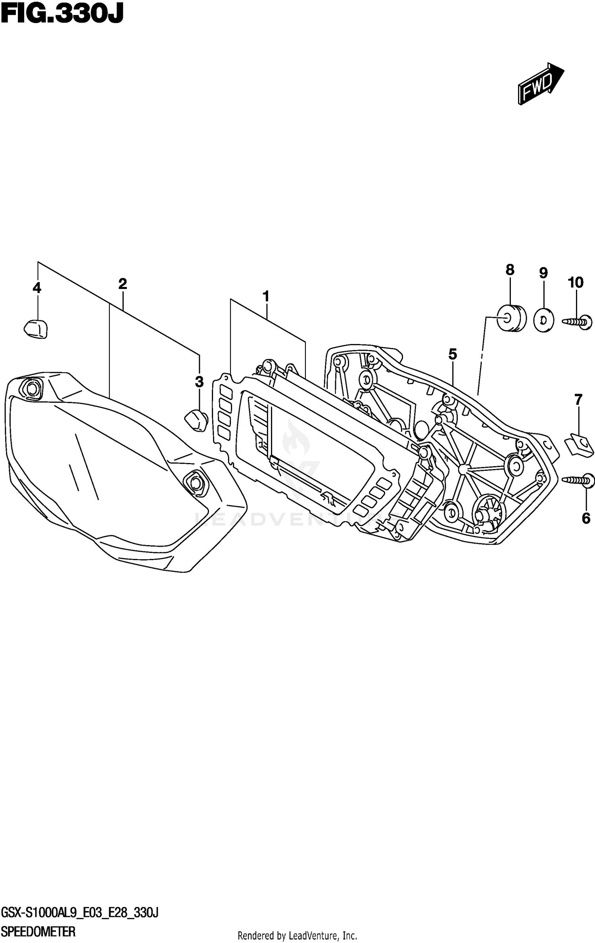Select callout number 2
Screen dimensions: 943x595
(122, 284)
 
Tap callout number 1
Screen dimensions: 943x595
(266, 296)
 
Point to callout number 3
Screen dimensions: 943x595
(199, 382)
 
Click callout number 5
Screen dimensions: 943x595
(453, 354)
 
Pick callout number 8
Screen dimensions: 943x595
(510, 270)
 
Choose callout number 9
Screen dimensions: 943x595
(543, 273)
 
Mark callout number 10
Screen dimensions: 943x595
(576, 283)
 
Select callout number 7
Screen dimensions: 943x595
(578, 400)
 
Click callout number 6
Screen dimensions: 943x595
(586, 518)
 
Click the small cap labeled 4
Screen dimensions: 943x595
(36, 329)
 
